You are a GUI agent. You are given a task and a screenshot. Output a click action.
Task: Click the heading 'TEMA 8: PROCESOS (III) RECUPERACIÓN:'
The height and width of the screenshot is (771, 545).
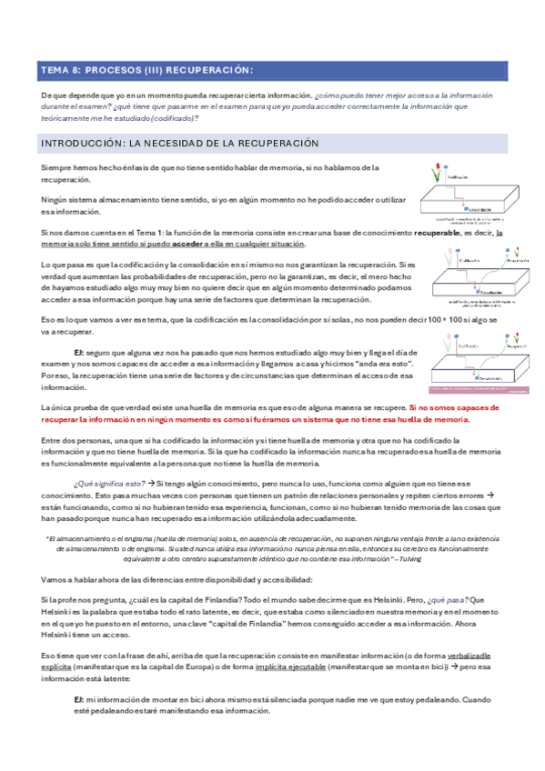[147, 71]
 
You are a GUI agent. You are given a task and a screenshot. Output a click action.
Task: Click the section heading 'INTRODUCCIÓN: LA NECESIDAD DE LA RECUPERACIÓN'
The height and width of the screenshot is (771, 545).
[180, 144]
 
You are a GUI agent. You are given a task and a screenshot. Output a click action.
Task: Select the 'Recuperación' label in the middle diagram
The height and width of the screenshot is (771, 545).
[514, 260]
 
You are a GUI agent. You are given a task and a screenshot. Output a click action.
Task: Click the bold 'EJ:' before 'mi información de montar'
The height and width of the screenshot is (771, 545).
[79, 697]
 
